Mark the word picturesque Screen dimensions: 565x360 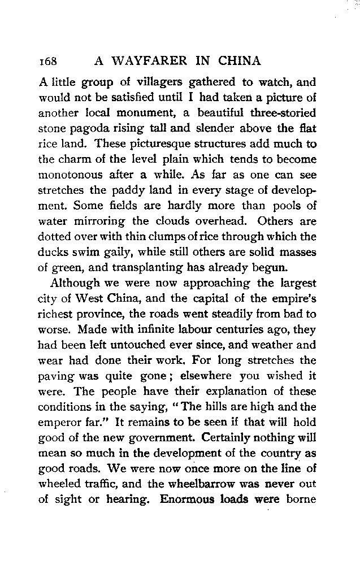pos(146,144)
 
